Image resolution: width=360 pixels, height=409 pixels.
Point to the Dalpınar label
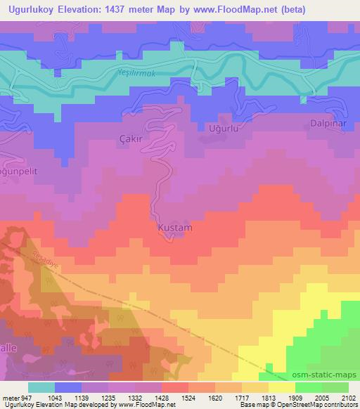point(328,123)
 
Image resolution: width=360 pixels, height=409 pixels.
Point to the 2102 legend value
point(349,397)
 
